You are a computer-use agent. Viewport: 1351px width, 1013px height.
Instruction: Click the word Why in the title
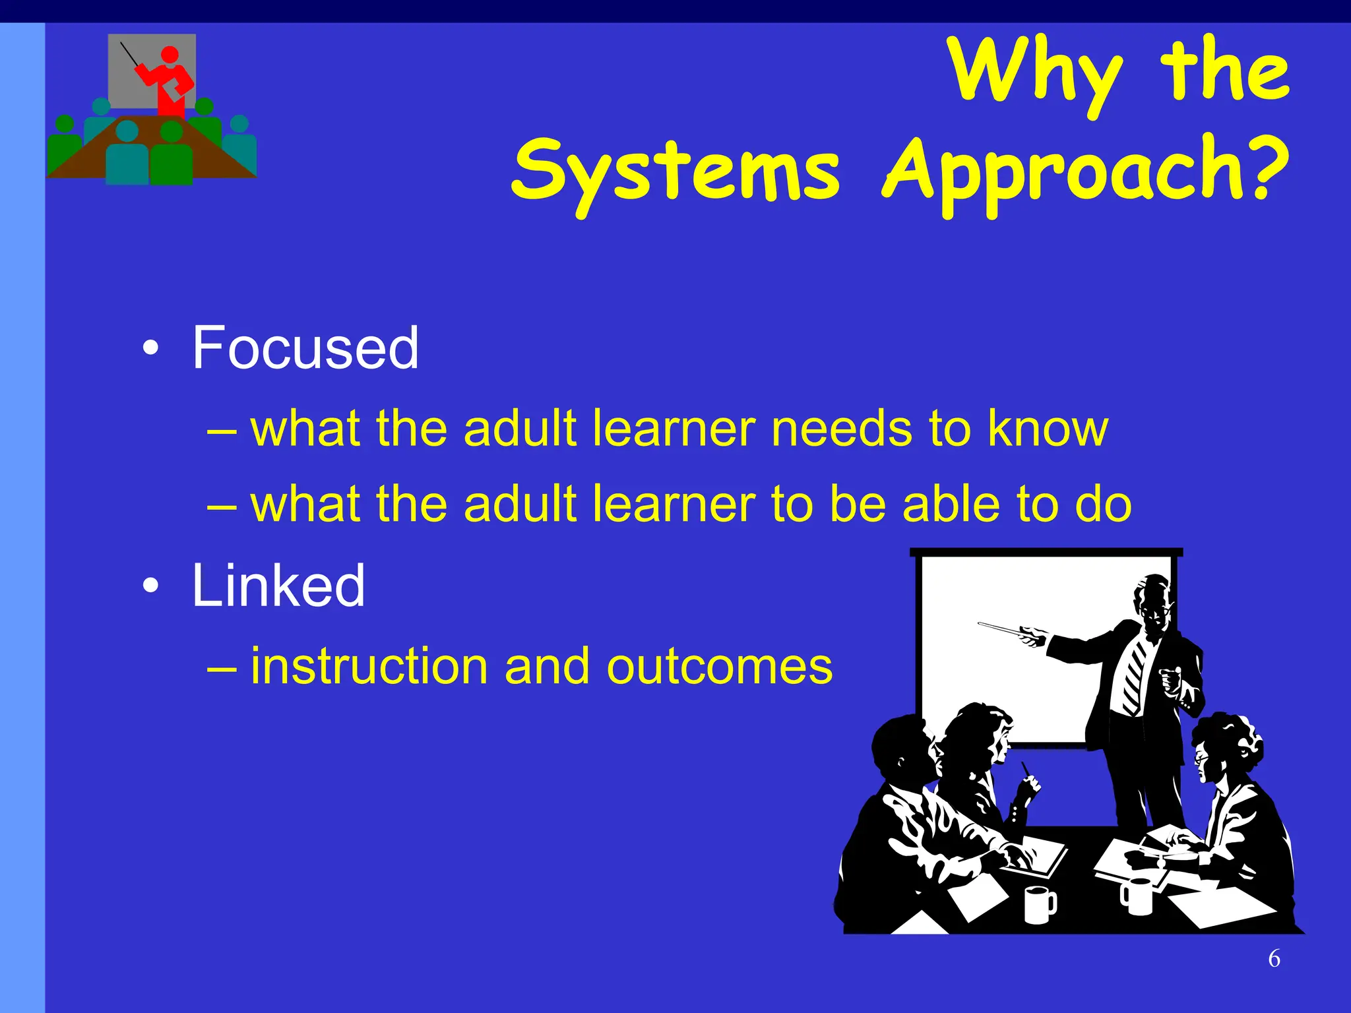(1036, 73)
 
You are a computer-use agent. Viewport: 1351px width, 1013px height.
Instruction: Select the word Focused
(305, 348)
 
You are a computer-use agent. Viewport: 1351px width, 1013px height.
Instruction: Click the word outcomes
(719, 666)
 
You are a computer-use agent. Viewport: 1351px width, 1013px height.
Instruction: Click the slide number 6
(1274, 958)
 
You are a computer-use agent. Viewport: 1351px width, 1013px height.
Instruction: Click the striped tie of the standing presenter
(1134, 679)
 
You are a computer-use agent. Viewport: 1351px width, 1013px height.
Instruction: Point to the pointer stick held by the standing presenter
(1003, 630)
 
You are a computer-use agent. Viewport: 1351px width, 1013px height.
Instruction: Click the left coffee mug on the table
(1039, 905)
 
